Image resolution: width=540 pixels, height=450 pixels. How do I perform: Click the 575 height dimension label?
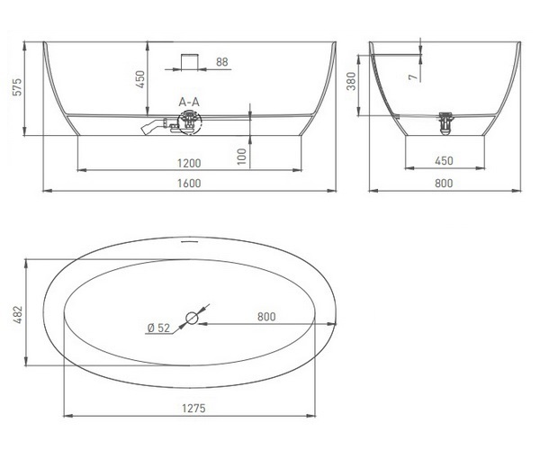[x=17, y=87]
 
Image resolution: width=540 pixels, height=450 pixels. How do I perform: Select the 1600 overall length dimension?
[x=189, y=184]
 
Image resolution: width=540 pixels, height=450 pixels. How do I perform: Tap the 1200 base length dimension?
[x=189, y=163]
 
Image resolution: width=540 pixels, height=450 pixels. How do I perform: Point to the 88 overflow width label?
[x=222, y=62]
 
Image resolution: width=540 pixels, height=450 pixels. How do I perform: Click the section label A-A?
[x=189, y=102]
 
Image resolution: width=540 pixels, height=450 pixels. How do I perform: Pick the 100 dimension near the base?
[x=242, y=157]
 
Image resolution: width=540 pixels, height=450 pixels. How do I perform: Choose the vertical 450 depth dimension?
[x=140, y=79]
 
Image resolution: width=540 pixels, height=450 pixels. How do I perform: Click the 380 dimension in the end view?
[x=351, y=81]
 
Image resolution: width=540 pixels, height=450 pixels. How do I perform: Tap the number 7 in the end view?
[x=415, y=76]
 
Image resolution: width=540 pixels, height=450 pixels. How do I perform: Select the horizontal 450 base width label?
[x=445, y=161]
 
